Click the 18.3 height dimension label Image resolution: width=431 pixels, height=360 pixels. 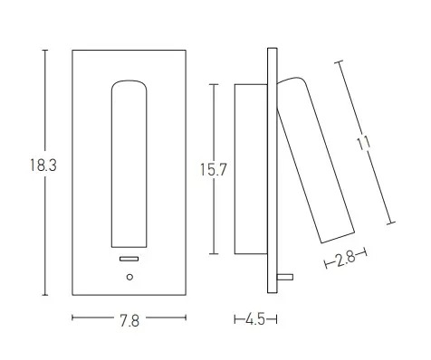tap(43, 166)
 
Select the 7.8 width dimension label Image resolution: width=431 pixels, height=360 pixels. tap(129, 320)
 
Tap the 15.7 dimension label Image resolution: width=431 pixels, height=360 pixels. tap(214, 170)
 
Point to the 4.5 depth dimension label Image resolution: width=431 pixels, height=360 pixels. tap(255, 319)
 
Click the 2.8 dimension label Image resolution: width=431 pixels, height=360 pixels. tap(346, 259)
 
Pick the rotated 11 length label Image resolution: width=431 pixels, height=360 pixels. tap(363, 144)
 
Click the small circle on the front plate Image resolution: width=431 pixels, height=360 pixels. tap(129, 277)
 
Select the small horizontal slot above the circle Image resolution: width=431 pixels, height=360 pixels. tap(129, 259)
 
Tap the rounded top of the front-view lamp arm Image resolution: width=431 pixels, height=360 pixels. tap(129, 82)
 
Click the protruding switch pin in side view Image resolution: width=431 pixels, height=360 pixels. tap(285, 277)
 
